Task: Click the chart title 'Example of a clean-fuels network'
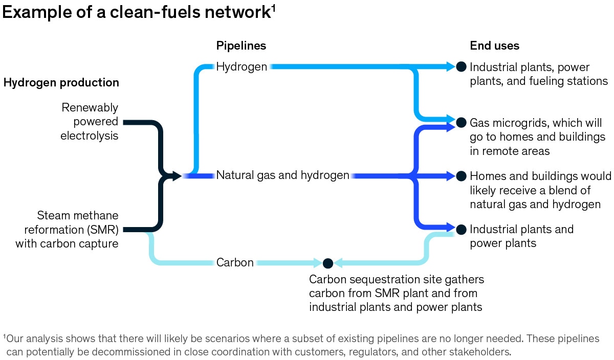point(136,12)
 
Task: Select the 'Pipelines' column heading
point(241,46)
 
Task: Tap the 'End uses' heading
point(494,46)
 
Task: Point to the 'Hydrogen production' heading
point(61,82)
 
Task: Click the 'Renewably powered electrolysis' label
point(89,122)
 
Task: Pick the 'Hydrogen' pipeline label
point(242,66)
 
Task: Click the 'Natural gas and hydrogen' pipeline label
point(282,175)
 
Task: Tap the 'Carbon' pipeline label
point(235,263)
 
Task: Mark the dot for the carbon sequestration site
point(328,263)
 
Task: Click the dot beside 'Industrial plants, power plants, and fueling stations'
point(461,66)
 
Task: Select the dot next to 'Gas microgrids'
point(461,122)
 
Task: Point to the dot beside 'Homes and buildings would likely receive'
point(461,176)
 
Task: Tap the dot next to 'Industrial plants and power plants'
point(461,229)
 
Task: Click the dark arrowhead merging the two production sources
point(176,176)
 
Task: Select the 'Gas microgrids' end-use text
point(537,137)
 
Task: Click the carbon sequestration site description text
point(396,293)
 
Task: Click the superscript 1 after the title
point(274,8)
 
